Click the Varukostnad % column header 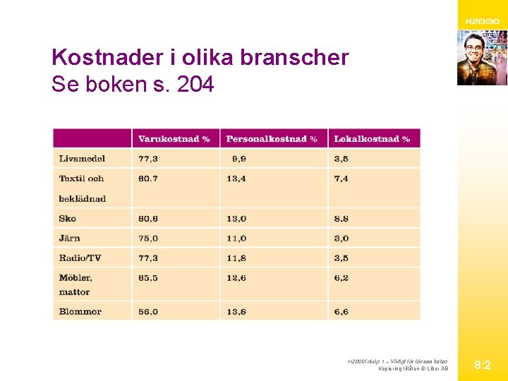click(x=174, y=139)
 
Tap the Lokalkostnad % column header click(x=372, y=139)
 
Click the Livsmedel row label click(x=82, y=159)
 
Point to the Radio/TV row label click(x=80, y=258)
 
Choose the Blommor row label click(x=80, y=312)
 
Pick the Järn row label click(x=70, y=238)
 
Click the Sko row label click(x=68, y=219)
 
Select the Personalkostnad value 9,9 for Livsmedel click(x=238, y=159)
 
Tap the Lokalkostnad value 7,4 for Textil click(x=341, y=179)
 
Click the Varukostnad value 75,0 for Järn click(x=148, y=238)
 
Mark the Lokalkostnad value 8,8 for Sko click(x=341, y=219)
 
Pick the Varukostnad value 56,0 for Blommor click(x=148, y=312)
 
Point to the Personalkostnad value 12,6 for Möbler click(x=236, y=278)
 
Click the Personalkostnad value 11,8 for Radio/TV click(x=236, y=258)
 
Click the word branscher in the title click(x=294, y=57)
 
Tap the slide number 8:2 click(x=483, y=365)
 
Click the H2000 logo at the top click(x=483, y=22)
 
